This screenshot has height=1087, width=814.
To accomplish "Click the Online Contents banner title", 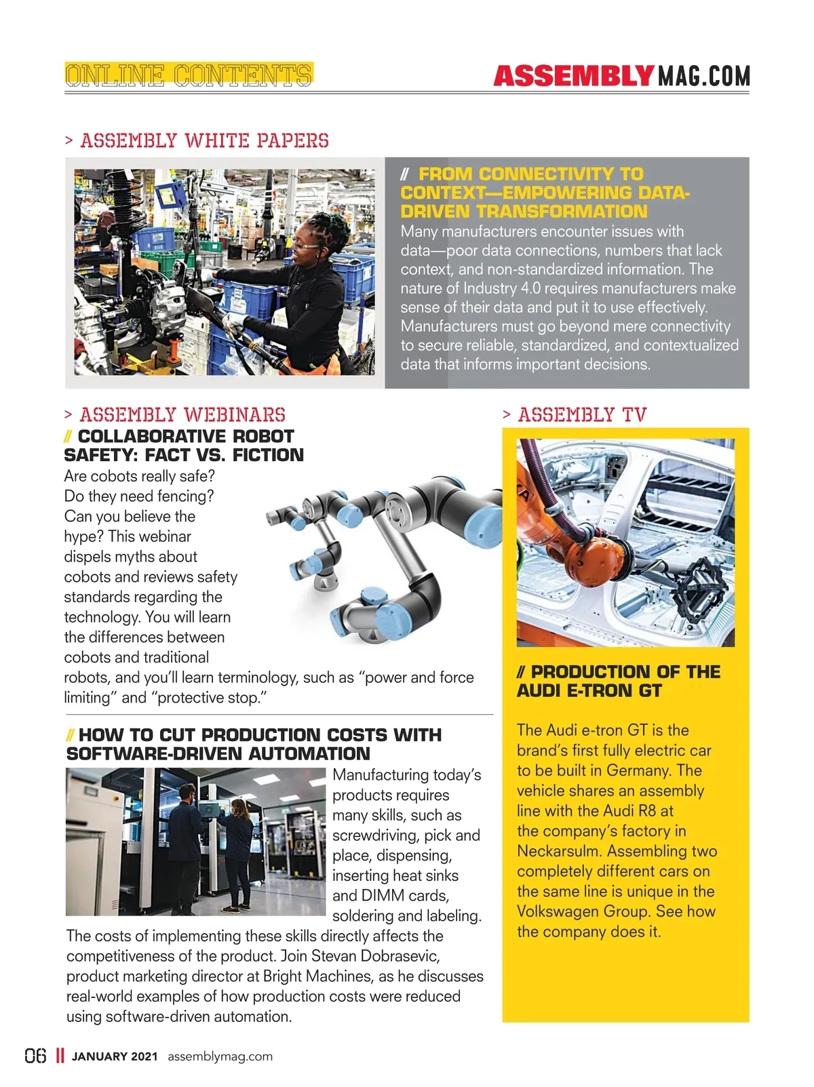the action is pyautogui.click(x=189, y=75).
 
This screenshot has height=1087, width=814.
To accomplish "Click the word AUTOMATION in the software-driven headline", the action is pyautogui.click(x=309, y=753).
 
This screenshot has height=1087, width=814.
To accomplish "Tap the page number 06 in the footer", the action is pyautogui.click(x=36, y=1056).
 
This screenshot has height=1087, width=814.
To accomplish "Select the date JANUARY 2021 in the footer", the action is pyautogui.click(x=115, y=1056).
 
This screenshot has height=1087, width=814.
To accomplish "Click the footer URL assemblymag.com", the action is pyautogui.click(x=220, y=1056).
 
